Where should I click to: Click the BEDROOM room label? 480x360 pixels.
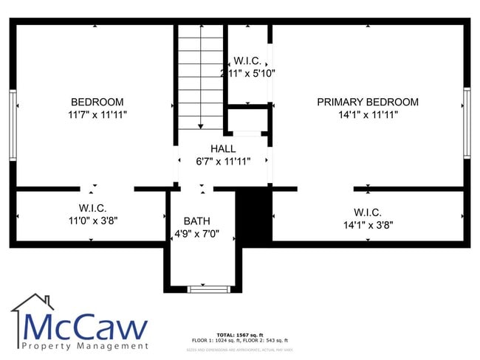coord(97,102)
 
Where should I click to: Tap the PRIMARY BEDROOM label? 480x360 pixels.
coord(368,102)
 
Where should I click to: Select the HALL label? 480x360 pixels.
coord(222,148)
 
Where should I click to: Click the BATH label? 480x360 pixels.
coord(197,221)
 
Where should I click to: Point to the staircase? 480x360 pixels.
coord(200,77)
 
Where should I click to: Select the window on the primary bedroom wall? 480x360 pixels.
coord(466,122)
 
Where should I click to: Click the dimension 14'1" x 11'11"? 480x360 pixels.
coord(368,115)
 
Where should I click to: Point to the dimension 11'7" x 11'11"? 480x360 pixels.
coord(97,115)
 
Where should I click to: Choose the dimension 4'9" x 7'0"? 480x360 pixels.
coord(197,234)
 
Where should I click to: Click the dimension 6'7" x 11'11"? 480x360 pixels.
coord(222,162)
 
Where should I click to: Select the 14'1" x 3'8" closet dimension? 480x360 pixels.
coord(367,224)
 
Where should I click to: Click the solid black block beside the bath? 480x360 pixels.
coord(253,212)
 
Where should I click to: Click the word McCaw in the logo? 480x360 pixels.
coord(83,326)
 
